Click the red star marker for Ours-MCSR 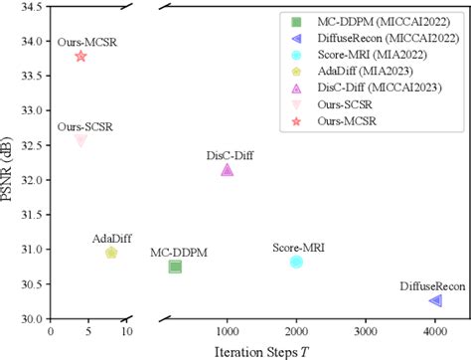(x=80, y=56)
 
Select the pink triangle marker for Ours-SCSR (x=80, y=140)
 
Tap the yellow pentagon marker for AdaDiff (x=111, y=253)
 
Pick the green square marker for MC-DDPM (x=175, y=267)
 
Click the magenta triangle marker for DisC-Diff (x=227, y=170)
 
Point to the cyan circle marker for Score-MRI (x=296, y=262)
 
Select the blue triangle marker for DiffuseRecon (x=434, y=300)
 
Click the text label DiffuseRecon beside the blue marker (x=432, y=285)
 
